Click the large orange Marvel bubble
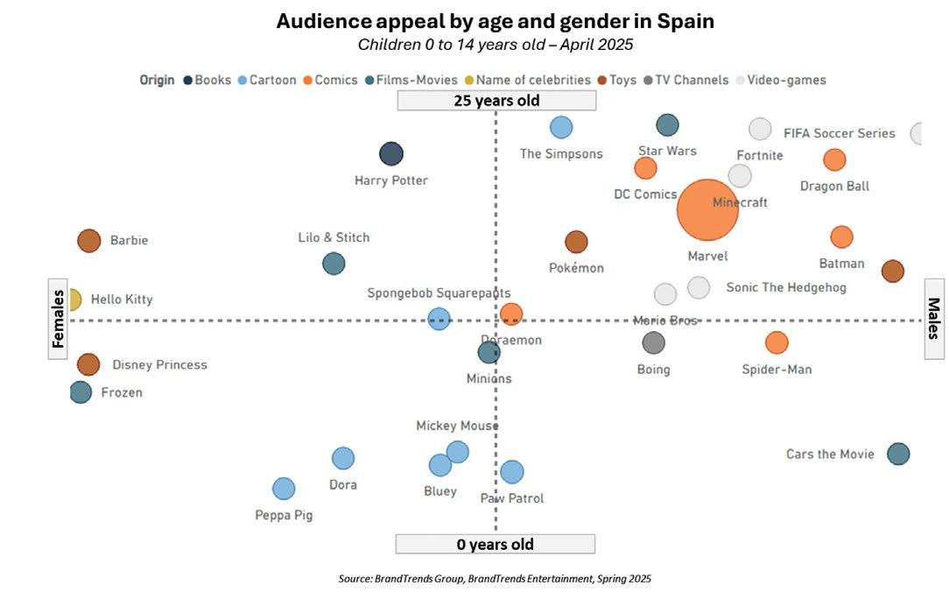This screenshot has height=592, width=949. tap(707, 209)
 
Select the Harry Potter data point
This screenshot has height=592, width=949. tap(391, 154)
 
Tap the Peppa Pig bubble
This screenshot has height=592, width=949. tap(284, 489)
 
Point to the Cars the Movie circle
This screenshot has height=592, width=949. tap(898, 454)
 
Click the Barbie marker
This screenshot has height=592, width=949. tap(89, 241)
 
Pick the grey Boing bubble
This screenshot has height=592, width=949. tap(653, 342)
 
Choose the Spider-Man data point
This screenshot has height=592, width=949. tap(777, 342)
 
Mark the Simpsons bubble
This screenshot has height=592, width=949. tap(561, 127)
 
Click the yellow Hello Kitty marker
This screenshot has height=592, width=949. tap(74, 300)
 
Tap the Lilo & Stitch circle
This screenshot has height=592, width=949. tap(334, 263)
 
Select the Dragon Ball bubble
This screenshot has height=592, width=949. tap(834, 159)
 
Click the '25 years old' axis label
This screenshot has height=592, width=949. tap(496, 101)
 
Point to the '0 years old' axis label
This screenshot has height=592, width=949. tap(495, 544)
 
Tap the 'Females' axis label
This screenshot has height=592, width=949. tap(59, 319)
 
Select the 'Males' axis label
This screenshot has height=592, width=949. tap(934, 319)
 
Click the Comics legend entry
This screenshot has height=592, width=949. tap(331, 80)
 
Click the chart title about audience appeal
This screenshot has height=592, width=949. tap(495, 21)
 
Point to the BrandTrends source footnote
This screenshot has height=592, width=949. tap(495, 579)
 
